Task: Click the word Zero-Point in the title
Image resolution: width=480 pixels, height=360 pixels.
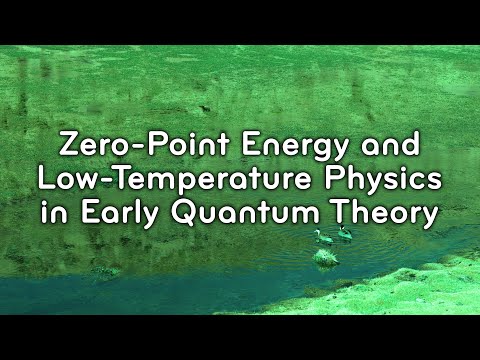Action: (120, 144)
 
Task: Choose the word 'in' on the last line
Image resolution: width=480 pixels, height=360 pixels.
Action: (52, 214)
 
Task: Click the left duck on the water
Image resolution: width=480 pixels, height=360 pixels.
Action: (323, 236)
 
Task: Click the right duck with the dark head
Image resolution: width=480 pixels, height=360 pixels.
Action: (344, 233)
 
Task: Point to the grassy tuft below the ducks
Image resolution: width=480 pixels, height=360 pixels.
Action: (326, 257)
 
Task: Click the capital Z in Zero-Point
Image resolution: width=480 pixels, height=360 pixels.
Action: (69, 144)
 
